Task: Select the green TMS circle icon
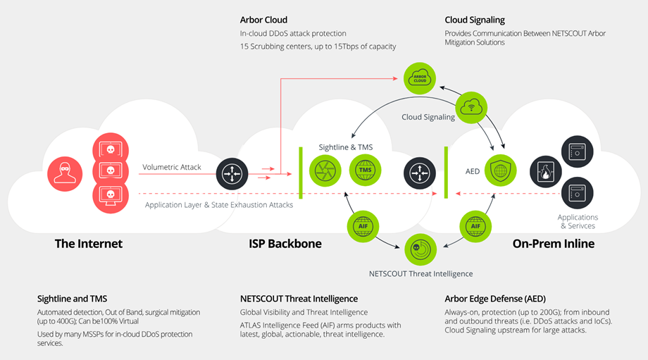(x=365, y=171)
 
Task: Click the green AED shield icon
(x=501, y=170)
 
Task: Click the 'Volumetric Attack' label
(x=171, y=168)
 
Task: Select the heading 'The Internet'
(x=89, y=244)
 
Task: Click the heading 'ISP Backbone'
(x=285, y=244)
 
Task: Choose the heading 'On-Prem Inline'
(x=553, y=244)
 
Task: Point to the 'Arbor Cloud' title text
(x=263, y=20)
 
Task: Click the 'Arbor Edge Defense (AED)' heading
(x=495, y=299)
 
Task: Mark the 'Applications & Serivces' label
(x=578, y=221)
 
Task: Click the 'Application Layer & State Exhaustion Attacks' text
(x=218, y=205)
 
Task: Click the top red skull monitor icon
(x=110, y=150)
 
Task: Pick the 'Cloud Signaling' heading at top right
(x=474, y=20)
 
